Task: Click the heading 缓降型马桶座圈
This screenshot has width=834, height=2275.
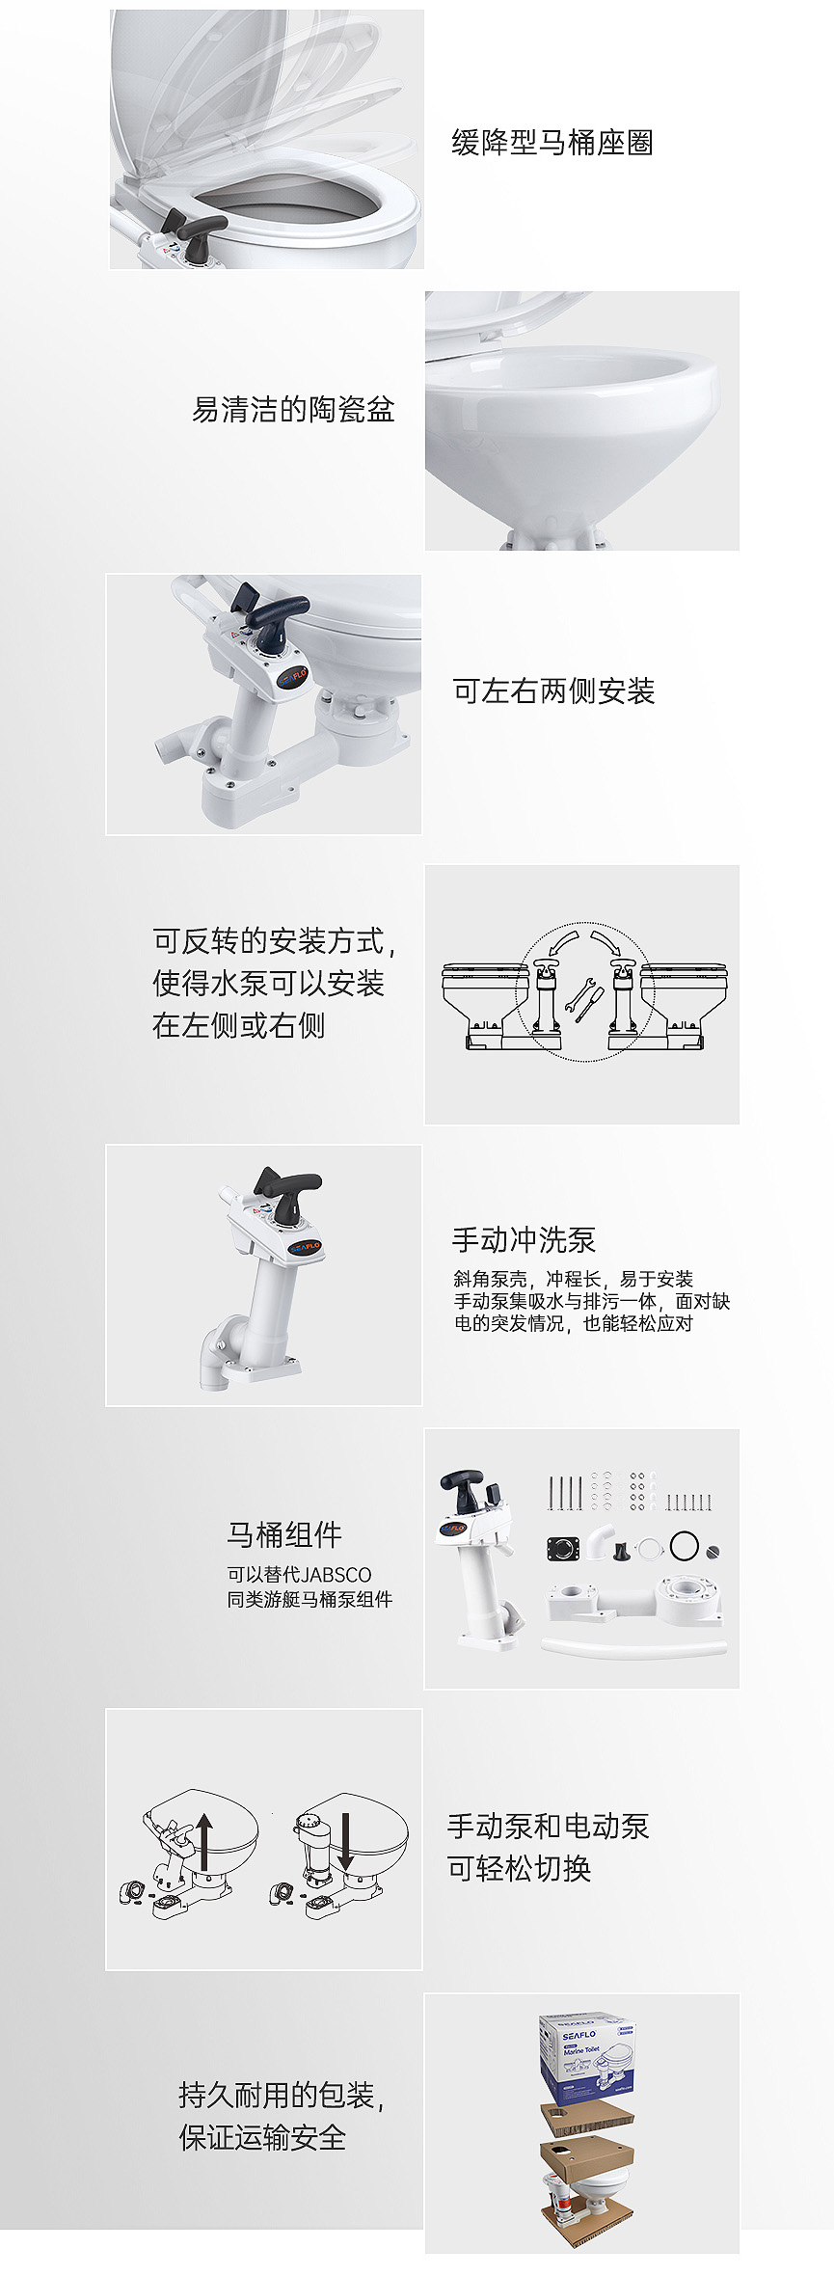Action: pos(552,143)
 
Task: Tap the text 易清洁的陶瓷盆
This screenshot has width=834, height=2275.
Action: pos(293,409)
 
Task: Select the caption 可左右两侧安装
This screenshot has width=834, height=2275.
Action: pos(553,691)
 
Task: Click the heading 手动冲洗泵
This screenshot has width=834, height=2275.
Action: pos(524,1239)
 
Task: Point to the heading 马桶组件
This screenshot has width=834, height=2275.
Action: pos(284,1534)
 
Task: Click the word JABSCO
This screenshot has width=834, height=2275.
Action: pos(336,1575)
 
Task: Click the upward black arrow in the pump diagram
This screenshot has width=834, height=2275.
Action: pos(204,1840)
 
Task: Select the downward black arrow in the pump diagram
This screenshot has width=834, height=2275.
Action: pos(345,1840)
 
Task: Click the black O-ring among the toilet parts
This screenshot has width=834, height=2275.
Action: pos(684,1545)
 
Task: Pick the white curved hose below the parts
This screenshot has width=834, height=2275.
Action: pos(634,1645)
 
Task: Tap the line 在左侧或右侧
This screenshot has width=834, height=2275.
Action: pos(238,1025)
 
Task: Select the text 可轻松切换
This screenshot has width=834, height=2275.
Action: pos(519,1868)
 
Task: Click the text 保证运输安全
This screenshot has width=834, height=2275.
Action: pos(262,2137)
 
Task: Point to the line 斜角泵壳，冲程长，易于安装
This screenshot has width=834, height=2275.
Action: pos(574,1279)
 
